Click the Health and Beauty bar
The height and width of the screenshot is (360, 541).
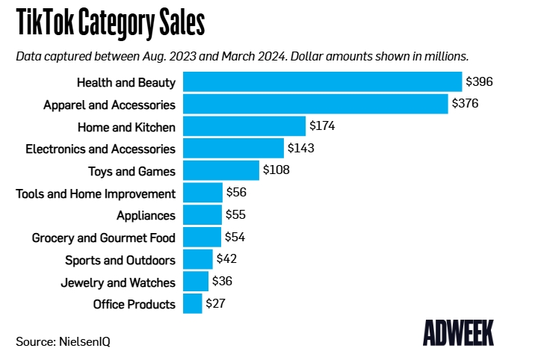(322, 81)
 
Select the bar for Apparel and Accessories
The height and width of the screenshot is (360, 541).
(315, 104)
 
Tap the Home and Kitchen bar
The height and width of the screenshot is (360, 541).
(244, 126)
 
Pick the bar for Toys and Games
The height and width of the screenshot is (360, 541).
(221, 171)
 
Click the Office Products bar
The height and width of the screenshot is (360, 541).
(193, 304)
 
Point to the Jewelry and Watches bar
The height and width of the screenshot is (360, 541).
(196, 282)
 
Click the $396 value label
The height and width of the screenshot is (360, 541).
(479, 81)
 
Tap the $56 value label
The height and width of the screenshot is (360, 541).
(236, 193)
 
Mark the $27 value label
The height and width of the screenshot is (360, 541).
(216, 304)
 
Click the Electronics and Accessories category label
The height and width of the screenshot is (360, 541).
(100, 149)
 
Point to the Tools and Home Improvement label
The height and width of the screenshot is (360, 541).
(96, 193)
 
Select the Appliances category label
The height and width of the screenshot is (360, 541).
(146, 216)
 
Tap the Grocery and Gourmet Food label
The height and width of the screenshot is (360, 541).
(103, 238)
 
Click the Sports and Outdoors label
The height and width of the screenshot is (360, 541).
(120, 260)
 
